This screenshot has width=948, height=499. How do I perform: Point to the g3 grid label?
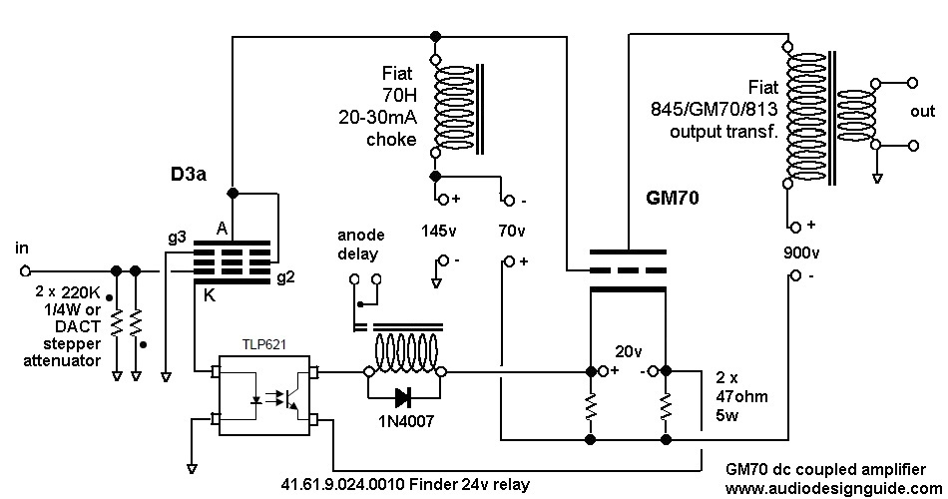[177, 238]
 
